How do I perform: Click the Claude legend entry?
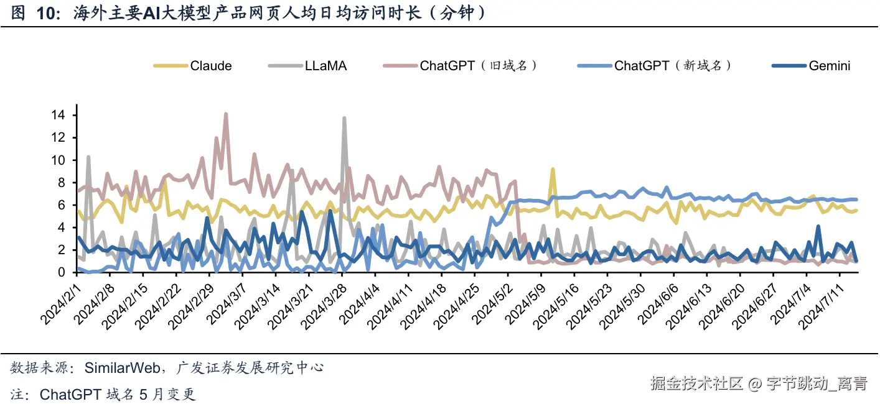pos(210,66)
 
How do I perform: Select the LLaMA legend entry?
pos(325,66)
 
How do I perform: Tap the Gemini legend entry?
pos(829,66)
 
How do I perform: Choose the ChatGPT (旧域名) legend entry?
pos(478,66)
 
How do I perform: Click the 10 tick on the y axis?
pos(59,160)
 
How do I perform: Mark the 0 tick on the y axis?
pos(62,272)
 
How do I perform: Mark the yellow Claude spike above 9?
pos(552,169)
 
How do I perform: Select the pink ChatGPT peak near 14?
pos(225,114)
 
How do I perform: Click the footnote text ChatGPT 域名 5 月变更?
pos(117,394)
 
